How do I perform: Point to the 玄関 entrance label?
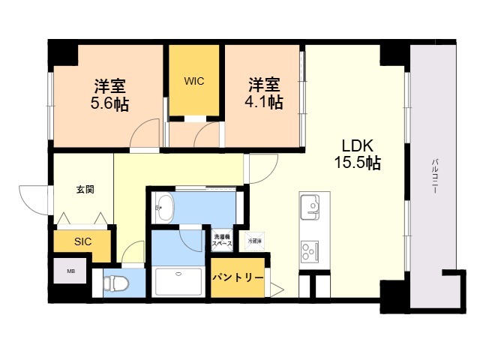(x=84, y=190)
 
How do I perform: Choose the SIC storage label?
(x=82, y=241)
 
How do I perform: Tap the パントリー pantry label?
(x=237, y=277)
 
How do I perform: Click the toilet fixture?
(x=116, y=284)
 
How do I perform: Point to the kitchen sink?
(x=310, y=205)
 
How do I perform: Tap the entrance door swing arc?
(x=34, y=199)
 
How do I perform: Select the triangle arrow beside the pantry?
(x=276, y=288)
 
